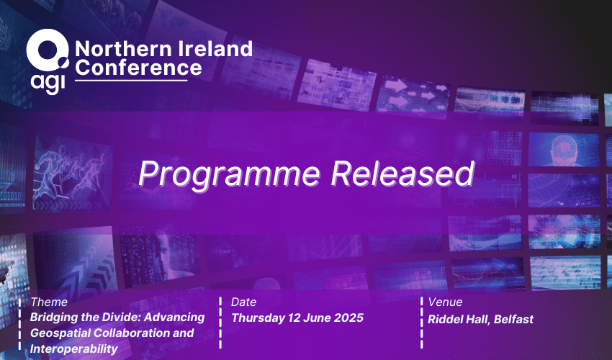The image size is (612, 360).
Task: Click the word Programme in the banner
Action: pos(229,174)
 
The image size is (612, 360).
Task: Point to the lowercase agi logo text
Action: pos(48,84)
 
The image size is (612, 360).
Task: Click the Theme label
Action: pos(49,302)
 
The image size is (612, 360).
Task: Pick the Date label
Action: pos(243,302)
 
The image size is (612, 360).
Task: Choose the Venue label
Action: pos(445,302)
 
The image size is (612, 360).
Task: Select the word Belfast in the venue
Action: pos(513,319)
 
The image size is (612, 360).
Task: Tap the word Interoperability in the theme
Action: pos(73,348)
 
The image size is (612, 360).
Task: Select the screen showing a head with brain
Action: pos(564,150)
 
